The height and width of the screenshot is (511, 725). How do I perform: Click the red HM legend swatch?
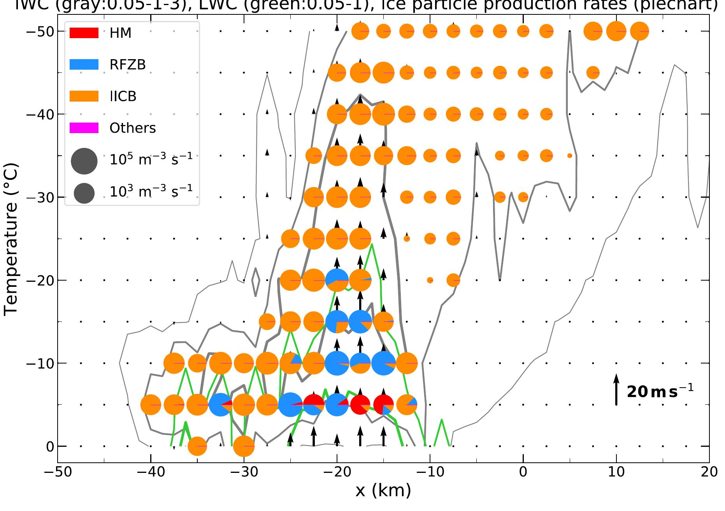click(84, 33)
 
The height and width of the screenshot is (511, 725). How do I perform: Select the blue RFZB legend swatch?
click(84, 64)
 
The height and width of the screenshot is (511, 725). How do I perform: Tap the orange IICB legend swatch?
click(84, 96)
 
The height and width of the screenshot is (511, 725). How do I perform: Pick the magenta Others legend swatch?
click(84, 128)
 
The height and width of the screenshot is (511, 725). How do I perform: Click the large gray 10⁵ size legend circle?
click(84, 161)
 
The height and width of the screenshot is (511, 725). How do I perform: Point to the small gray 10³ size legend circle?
click(84, 193)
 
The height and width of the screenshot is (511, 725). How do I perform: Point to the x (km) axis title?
click(383, 491)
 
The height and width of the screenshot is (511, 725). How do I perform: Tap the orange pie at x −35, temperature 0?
click(197, 446)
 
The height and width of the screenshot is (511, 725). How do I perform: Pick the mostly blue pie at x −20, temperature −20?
click(337, 280)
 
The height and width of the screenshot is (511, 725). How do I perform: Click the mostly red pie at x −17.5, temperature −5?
click(360, 405)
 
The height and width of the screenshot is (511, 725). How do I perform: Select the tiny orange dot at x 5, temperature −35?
click(570, 156)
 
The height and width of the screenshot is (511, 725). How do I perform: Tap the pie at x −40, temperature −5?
click(151, 405)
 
